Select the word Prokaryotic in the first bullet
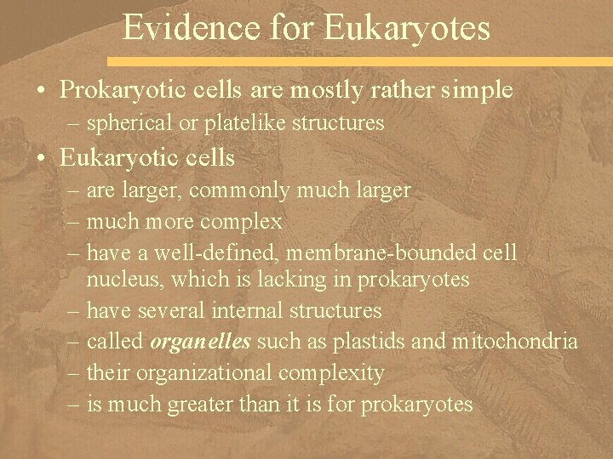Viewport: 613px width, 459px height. click(x=123, y=89)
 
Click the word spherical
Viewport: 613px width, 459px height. click(x=123, y=124)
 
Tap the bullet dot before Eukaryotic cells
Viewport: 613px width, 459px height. click(x=43, y=158)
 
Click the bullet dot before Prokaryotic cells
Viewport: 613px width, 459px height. click(x=43, y=89)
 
